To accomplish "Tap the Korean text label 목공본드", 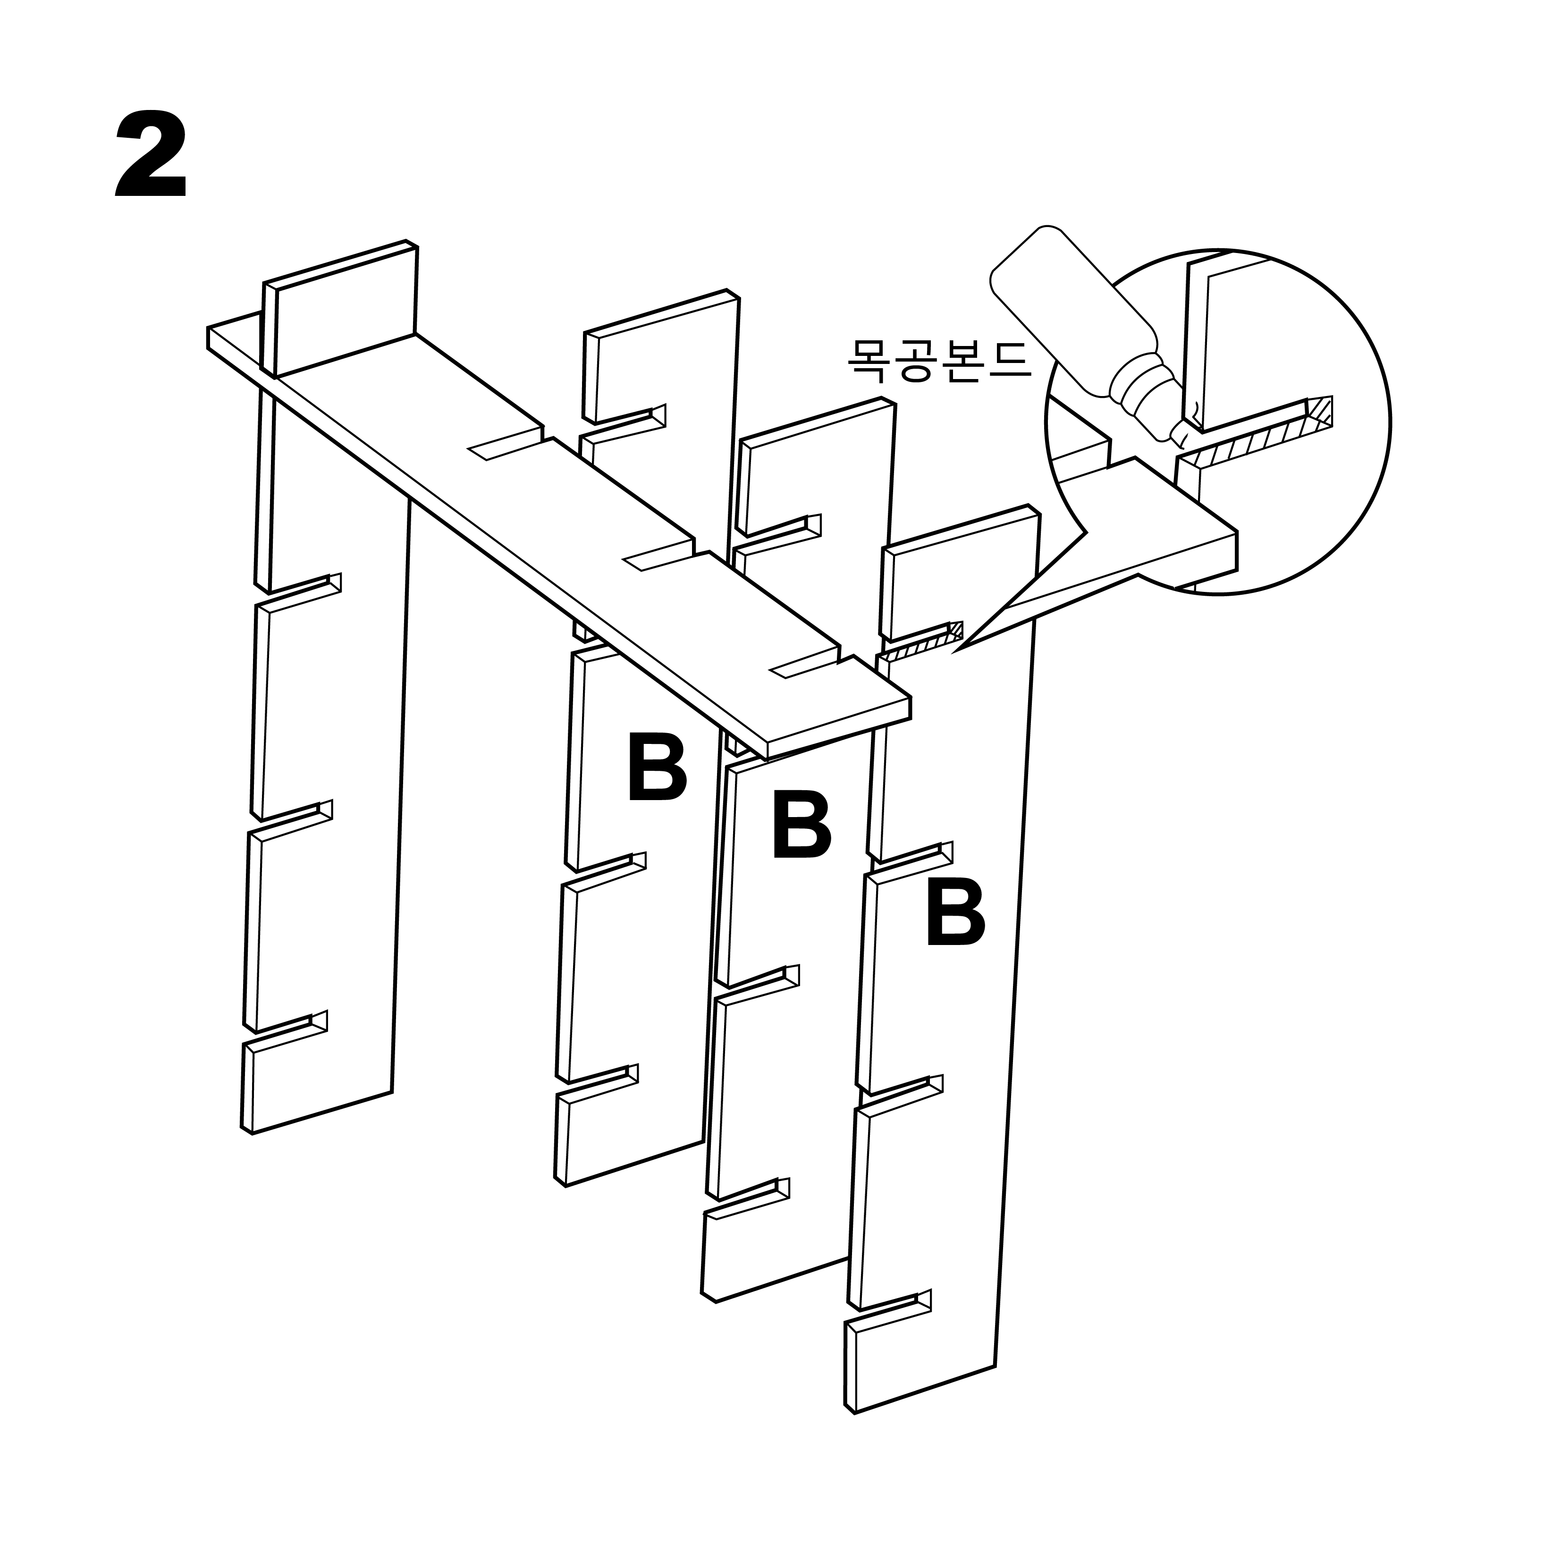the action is coord(939,360).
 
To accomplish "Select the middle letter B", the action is coord(802,824).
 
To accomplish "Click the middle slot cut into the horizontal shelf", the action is coord(658,557).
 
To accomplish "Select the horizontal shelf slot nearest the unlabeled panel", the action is coord(505,444).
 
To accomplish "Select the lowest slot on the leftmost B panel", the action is coord(598,1083).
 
